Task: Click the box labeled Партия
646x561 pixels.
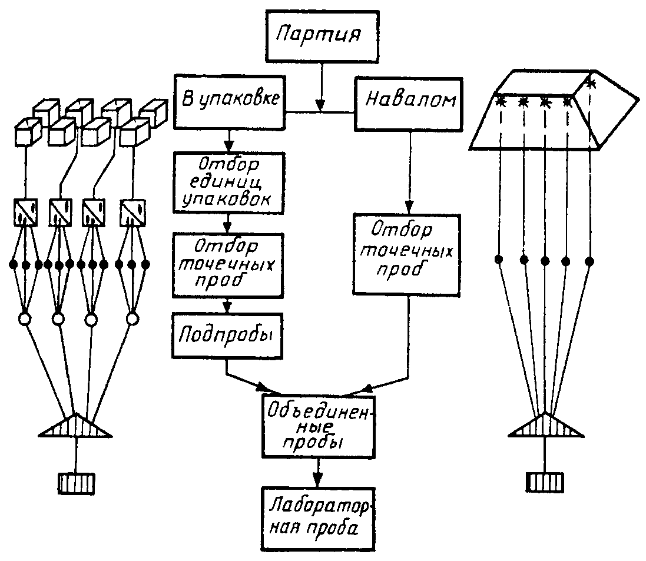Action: [322, 36]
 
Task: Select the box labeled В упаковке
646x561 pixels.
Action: [230, 102]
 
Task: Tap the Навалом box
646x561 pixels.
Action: [409, 105]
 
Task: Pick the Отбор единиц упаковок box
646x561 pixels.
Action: [228, 182]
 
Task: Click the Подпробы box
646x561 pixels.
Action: [227, 336]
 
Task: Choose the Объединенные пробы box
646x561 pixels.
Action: [319, 426]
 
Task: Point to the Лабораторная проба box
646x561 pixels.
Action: [318, 519]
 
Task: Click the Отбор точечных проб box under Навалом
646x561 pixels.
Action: [407, 254]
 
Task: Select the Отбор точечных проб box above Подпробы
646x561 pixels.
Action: [228, 265]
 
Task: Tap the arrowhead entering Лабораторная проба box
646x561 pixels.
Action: [317, 480]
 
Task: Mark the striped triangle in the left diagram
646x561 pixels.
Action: [75, 425]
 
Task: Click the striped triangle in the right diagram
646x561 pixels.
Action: [545, 425]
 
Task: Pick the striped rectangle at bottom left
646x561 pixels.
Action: [76, 483]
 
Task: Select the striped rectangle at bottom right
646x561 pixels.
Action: [545, 482]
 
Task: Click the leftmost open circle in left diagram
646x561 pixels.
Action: [25, 319]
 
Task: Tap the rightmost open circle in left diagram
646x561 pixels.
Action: [132, 319]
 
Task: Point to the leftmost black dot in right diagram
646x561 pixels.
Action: [499, 259]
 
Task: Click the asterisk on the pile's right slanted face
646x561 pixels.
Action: [591, 84]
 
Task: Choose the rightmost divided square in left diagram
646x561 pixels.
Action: [132, 213]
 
